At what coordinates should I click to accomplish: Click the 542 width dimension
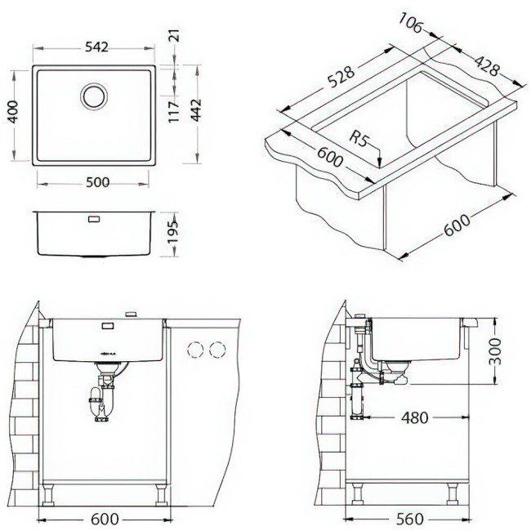[96, 48]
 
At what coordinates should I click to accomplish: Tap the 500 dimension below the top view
[96, 181]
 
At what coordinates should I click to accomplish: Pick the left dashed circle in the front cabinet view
[195, 350]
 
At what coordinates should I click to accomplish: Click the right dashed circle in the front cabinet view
[216, 350]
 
